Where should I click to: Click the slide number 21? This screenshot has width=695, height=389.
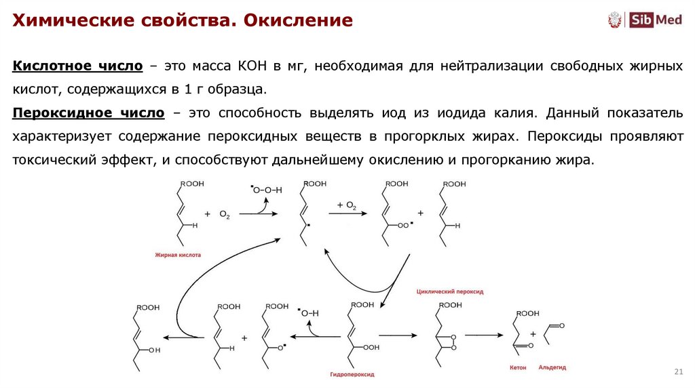[x=677, y=372]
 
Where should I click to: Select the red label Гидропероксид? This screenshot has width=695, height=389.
[x=352, y=374]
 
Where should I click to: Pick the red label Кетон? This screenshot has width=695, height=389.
[x=517, y=367]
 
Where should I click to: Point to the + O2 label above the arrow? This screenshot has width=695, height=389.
[x=346, y=205]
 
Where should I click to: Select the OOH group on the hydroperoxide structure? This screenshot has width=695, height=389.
[x=371, y=347]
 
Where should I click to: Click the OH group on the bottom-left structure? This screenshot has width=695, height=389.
[x=154, y=350]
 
